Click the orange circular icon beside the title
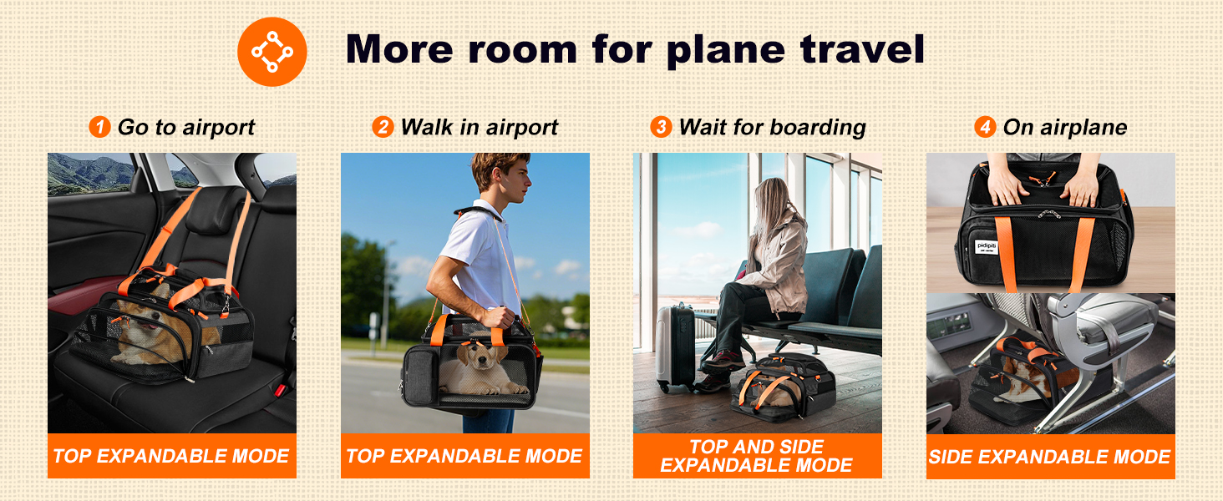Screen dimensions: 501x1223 (x=272, y=52)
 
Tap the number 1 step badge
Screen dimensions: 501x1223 (x=100, y=128)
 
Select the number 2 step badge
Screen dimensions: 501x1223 (x=383, y=128)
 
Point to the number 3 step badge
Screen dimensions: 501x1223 (x=662, y=128)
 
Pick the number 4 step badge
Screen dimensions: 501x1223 (x=986, y=128)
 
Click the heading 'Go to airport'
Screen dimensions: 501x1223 (x=185, y=128)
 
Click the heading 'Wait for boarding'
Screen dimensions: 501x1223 (x=772, y=128)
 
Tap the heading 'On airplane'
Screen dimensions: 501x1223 (x=1064, y=128)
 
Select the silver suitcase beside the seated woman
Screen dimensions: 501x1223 (x=675, y=347)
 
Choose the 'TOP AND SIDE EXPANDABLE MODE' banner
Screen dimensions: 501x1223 (x=757, y=456)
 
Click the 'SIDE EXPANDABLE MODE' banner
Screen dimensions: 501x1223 (x=1050, y=457)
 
